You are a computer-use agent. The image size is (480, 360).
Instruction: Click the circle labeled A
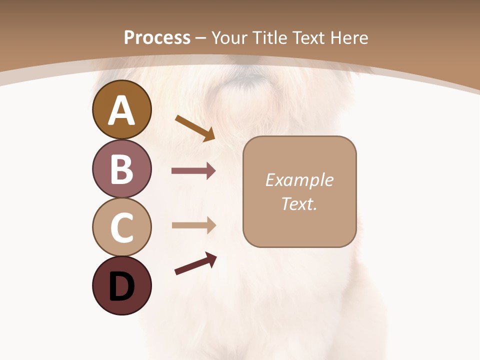point(121,109)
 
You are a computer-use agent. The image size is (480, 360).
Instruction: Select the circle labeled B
point(121,168)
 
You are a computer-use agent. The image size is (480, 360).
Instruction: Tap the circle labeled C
point(121,227)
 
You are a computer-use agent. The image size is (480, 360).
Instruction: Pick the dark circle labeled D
point(121,285)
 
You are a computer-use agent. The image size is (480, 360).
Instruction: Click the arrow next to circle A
point(195,128)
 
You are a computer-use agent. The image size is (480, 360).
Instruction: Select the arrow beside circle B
point(193,171)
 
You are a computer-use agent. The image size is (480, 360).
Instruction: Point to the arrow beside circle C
point(193,225)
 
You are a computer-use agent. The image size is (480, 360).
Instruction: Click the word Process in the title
point(157,37)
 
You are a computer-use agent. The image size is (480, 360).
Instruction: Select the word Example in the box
point(299,180)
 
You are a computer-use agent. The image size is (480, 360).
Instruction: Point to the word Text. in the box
point(299,203)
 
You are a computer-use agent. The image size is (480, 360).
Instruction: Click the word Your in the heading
point(228,37)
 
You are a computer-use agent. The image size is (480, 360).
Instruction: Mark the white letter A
point(121,110)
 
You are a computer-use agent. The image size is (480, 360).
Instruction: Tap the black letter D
point(121,286)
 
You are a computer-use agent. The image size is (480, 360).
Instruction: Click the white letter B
point(121,169)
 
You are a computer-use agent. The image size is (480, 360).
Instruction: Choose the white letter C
point(121,227)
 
